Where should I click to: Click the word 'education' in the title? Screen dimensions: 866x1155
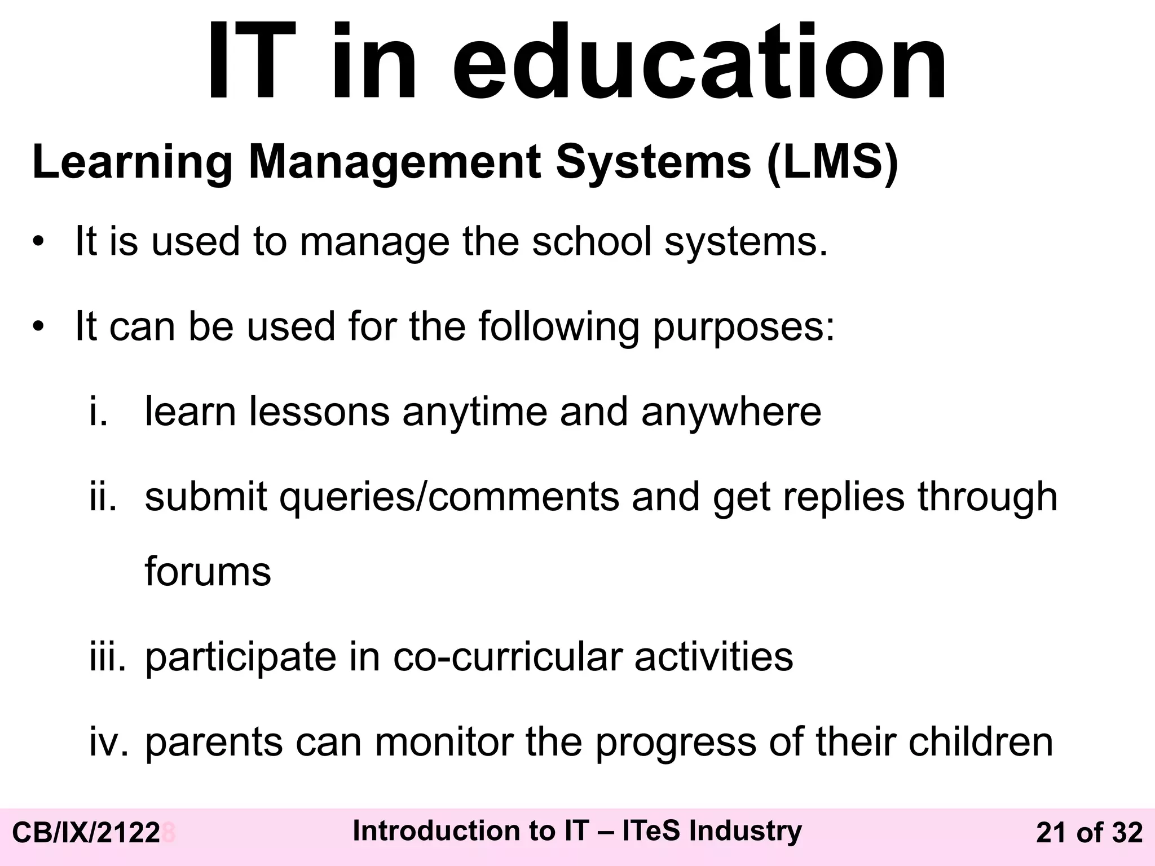(x=699, y=62)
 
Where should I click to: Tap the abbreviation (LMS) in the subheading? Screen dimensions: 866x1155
(x=832, y=162)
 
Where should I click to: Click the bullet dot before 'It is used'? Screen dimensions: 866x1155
(x=38, y=243)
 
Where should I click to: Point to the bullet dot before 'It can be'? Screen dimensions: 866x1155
(x=38, y=328)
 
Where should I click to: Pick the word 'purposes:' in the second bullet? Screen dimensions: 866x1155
(x=743, y=327)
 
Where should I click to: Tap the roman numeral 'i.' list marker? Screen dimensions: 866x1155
(x=98, y=411)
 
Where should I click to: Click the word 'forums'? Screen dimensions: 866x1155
(x=208, y=572)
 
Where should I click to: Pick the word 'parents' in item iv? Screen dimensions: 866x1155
(x=214, y=743)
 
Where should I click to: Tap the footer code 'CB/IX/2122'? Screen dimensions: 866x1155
(x=86, y=833)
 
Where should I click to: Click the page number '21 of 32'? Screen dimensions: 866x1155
(x=1089, y=833)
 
